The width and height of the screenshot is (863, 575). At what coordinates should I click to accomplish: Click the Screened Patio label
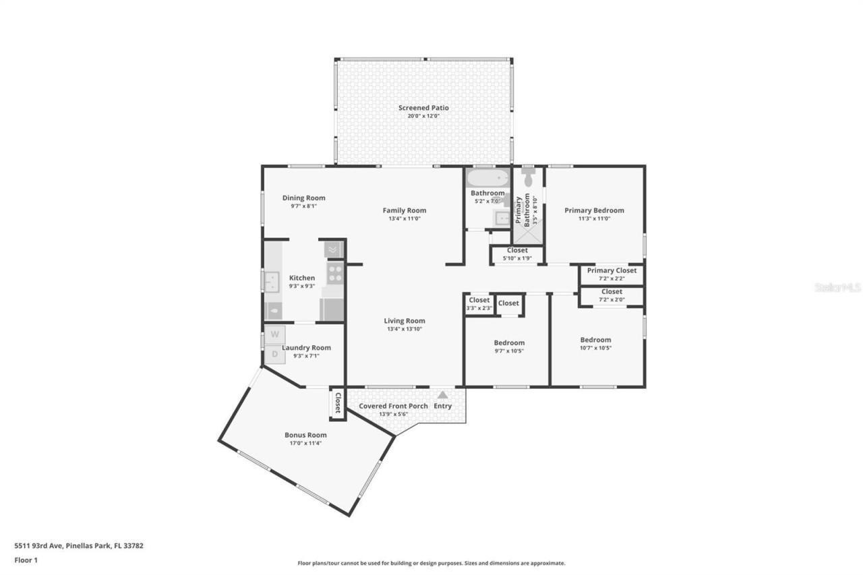pyautogui.click(x=423, y=108)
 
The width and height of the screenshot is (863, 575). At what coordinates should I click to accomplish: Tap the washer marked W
pyautogui.click(x=274, y=334)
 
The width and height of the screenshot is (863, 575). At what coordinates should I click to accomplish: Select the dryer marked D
pyautogui.click(x=274, y=354)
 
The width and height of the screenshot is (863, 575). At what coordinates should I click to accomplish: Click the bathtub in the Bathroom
pyautogui.click(x=487, y=179)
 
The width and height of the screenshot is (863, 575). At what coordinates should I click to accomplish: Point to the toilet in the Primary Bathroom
pyautogui.click(x=529, y=178)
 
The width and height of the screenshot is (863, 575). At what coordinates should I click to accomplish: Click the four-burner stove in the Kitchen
pyautogui.click(x=335, y=272)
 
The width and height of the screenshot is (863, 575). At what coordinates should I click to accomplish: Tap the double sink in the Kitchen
pyautogui.click(x=271, y=281)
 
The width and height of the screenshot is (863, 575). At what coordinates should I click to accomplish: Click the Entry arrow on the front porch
pyautogui.click(x=442, y=396)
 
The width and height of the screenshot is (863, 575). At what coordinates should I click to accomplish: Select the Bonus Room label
pyautogui.click(x=305, y=435)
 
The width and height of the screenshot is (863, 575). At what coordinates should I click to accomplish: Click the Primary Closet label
pyautogui.click(x=612, y=270)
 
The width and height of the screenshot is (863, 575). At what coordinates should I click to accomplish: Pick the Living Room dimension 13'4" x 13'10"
pyautogui.click(x=405, y=329)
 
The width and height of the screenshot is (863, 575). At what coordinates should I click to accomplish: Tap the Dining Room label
pyautogui.click(x=303, y=198)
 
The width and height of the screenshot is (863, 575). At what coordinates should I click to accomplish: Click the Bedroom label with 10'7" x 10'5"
pyautogui.click(x=595, y=340)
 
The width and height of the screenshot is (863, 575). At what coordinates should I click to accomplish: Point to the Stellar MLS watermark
pyautogui.click(x=838, y=287)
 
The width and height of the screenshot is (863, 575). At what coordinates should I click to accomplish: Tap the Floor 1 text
pyautogui.click(x=26, y=560)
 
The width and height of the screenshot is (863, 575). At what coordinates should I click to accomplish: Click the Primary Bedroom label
pyautogui.click(x=594, y=210)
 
